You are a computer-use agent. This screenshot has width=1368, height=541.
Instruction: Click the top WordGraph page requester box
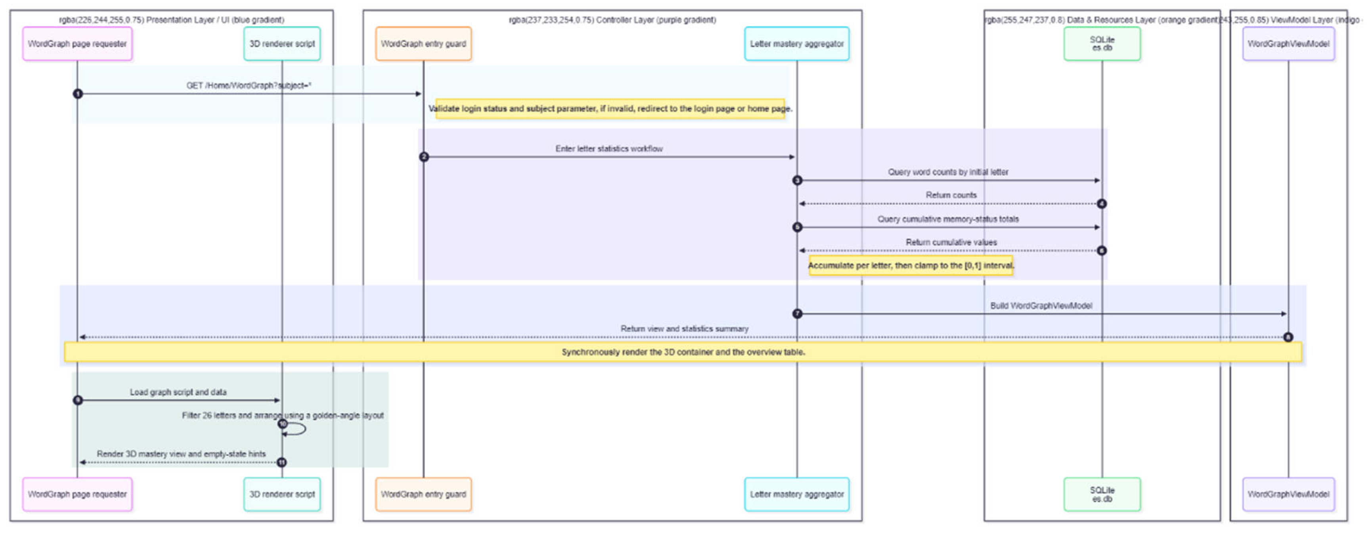tap(77, 44)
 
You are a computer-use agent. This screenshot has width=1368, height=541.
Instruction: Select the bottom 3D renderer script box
tap(282, 494)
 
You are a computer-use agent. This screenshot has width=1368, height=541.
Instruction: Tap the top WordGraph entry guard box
tap(423, 44)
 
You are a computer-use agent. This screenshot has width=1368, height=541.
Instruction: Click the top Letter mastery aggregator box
tap(797, 44)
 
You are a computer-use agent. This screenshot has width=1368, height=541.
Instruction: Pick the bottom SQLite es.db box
tap(1102, 494)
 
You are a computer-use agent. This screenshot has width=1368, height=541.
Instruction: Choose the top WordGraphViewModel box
tap(1288, 44)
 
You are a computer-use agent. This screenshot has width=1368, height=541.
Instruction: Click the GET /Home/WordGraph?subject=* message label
tap(249, 85)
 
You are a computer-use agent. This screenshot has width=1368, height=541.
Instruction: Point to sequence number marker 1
tap(78, 94)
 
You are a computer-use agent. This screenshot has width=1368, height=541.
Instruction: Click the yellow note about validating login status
tap(610, 108)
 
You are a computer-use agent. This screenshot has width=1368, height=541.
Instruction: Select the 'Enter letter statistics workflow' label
tap(609, 149)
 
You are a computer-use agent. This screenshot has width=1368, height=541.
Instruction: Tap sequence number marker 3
tap(797, 181)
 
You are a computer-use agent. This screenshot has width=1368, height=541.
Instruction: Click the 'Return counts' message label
tap(951, 195)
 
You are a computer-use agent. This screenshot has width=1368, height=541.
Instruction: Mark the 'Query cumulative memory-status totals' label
tap(948, 219)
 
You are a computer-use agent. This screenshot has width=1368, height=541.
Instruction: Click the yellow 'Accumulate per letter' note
tap(910, 265)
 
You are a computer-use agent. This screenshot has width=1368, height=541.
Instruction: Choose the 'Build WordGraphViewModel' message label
tap(1041, 305)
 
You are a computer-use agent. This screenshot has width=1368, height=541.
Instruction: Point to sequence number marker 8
tap(1288, 337)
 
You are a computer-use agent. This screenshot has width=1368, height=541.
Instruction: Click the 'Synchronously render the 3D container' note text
tap(683, 352)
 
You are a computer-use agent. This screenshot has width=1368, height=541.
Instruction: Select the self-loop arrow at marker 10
tap(297, 429)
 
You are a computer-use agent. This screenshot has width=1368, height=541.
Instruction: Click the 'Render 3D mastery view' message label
tap(181, 454)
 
